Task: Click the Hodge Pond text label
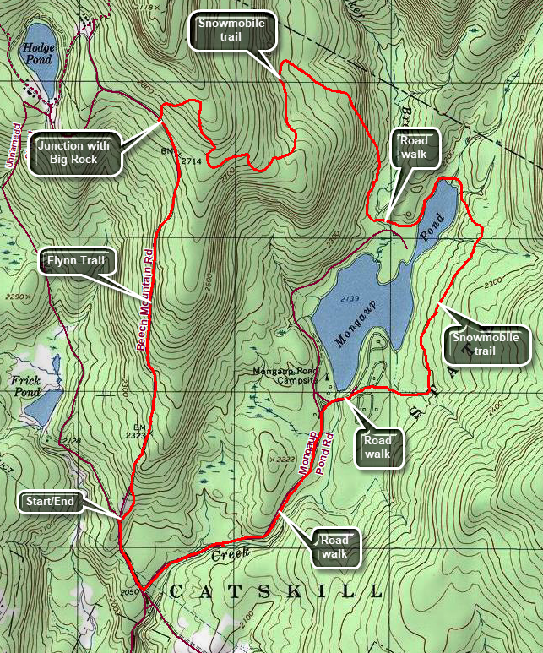tap(37, 54)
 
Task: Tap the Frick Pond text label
tap(25, 386)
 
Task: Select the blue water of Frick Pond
tap(41, 410)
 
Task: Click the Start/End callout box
tap(49, 502)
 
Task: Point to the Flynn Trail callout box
tap(76, 261)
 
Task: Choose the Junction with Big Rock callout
tap(73, 152)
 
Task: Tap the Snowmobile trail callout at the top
tap(231, 30)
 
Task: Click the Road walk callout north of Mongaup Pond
tap(415, 149)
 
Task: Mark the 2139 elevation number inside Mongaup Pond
tap(346, 300)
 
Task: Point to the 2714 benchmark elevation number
tap(193, 159)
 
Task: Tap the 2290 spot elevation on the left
tap(15, 297)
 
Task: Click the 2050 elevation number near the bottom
tap(129, 592)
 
